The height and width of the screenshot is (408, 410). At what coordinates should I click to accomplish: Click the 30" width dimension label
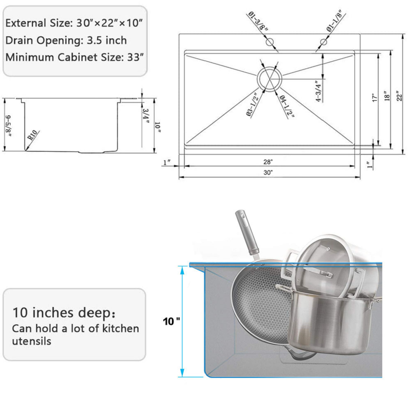[x=268, y=173]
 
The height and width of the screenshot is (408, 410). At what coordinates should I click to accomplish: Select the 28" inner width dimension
[x=268, y=162]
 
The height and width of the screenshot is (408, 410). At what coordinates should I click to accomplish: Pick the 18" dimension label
[x=387, y=97]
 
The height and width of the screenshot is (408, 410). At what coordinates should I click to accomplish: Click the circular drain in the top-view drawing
[x=269, y=78]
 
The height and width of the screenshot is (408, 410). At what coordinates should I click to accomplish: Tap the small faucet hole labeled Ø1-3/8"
[x=270, y=42]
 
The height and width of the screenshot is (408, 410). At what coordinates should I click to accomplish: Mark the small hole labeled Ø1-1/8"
[x=324, y=42]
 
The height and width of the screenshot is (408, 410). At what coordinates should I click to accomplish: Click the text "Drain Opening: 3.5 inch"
[x=66, y=40]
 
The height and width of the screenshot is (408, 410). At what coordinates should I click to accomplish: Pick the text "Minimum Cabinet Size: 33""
[x=74, y=57]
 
